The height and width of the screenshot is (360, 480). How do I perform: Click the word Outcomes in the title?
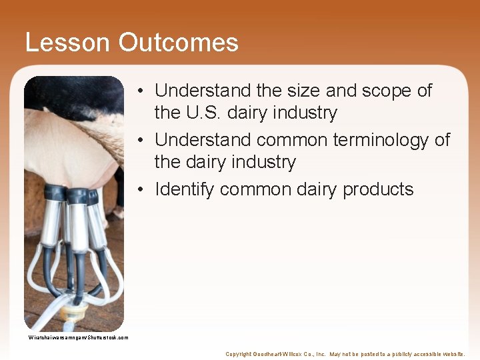point(179,43)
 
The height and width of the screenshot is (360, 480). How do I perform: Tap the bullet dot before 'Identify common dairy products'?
point(143,189)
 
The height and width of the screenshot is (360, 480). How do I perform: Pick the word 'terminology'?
point(371,140)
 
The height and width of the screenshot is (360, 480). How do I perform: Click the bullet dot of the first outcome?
point(143,91)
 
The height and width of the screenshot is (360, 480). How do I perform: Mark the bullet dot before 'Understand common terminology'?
point(143,140)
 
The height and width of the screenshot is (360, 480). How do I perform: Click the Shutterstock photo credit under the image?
point(78,337)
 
